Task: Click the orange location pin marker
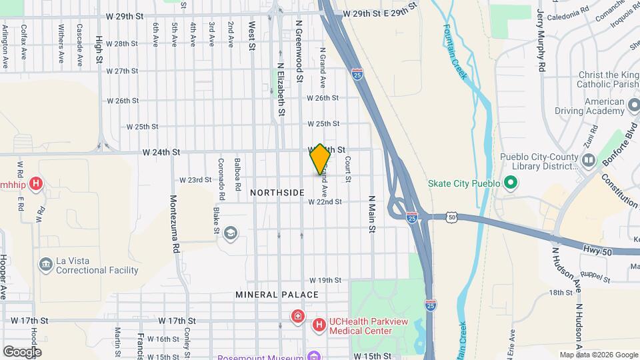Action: (320, 159)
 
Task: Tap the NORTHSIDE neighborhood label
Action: (277, 193)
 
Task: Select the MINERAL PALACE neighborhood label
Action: (277, 294)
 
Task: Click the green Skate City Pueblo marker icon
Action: (511, 182)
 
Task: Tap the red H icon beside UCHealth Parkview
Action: (319, 324)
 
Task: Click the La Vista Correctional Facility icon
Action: (46, 265)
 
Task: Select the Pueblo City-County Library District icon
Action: (588, 161)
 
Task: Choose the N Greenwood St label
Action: (299, 51)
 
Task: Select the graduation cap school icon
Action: (231, 232)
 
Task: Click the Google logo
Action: (22, 351)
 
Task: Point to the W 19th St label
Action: (325, 280)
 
